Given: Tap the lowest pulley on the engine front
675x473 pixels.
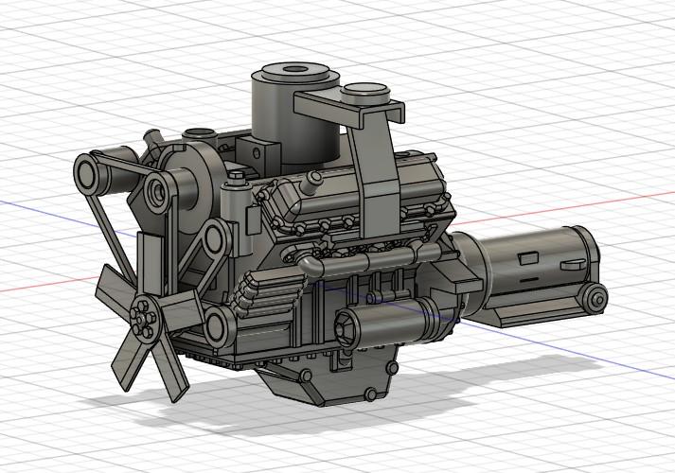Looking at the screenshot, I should click(x=217, y=327).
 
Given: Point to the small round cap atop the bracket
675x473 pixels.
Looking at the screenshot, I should click(x=365, y=93).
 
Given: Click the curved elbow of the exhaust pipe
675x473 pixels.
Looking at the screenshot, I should click(x=309, y=265).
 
